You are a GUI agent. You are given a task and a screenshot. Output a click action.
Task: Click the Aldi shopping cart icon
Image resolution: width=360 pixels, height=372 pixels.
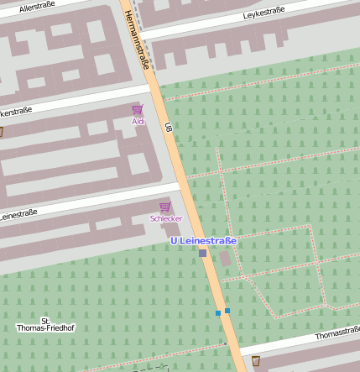pyautogui.click(x=138, y=110)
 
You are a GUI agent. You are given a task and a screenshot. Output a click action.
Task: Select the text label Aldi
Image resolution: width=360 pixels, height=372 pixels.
pyautogui.click(x=138, y=122)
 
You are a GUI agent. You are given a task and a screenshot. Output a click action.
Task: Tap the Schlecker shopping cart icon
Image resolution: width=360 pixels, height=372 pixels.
pyautogui.click(x=165, y=207)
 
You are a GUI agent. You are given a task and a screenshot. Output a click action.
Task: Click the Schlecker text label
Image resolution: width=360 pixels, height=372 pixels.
pyautogui.click(x=166, y=218)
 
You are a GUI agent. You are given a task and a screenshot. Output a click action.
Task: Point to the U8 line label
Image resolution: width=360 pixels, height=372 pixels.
pyautogui.click(x=168, y=128)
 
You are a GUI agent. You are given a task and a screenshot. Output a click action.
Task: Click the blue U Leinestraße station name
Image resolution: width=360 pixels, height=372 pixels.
pyautogui.click(x=204, y=240)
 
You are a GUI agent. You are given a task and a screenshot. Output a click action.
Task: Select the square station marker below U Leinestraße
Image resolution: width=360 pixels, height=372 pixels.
pyautogui.click(x=202, y=253)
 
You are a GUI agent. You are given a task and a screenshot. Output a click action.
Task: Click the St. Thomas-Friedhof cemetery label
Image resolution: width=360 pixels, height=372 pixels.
pyautogui.click(x=45, y=324)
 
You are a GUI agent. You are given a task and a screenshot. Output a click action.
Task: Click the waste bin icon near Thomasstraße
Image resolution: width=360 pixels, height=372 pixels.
pyautogui.click(x=256, y=362)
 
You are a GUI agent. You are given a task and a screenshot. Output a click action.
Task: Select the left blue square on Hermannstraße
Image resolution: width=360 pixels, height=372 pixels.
pyautogui.click(x=218, y=313)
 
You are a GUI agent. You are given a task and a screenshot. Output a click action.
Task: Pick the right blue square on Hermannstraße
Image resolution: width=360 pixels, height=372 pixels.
pyautogui.click(x=227, y=311)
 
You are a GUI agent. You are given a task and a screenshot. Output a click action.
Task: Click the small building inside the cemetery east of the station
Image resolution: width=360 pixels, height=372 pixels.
pyautogui.click(x=226, y=256)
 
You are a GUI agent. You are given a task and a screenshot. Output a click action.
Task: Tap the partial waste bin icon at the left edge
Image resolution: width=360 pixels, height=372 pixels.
pyautogui.click(x=1, y=132)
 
